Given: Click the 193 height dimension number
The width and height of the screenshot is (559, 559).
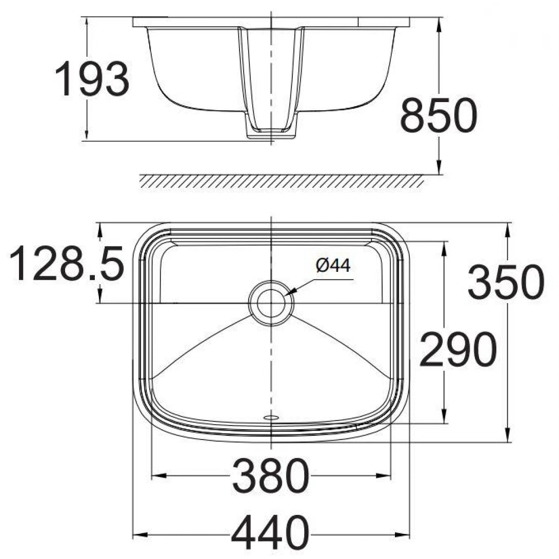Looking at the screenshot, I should pos(92,78).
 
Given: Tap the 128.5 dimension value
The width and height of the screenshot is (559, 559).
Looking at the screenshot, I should pos(67,264).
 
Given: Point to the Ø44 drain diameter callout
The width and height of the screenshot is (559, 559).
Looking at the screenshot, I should pos(333,266).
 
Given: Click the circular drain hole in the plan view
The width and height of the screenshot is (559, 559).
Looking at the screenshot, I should pos(271,303).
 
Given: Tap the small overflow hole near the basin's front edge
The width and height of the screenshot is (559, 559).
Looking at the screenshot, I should pos(270,417).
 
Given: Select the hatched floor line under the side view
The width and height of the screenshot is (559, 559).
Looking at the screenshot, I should pos(282,181).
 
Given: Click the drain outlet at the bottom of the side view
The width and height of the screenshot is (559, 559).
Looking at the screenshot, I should pos(271,132).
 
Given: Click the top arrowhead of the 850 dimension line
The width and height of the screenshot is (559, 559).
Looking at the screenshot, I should pos(439,23).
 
